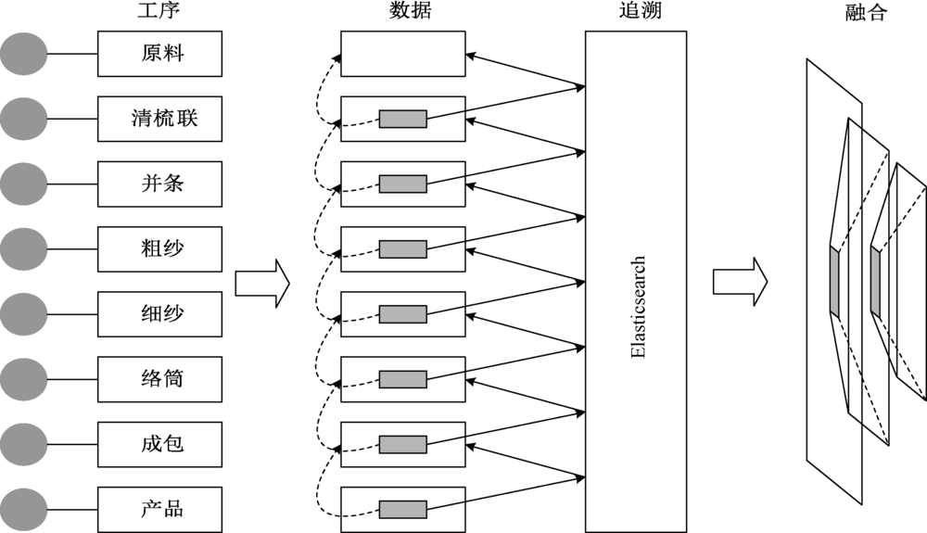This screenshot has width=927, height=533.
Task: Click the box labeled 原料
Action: click(x=160, y=54)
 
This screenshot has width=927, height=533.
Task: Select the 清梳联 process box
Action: click(x=160, y=119)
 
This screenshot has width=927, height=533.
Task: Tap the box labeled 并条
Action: click(x=160, y=184)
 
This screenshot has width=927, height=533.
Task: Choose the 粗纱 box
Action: click(x=160, y=248)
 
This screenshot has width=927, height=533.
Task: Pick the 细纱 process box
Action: click(x=160, y=313)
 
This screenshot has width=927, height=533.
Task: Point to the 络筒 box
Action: click(x=160, y=378)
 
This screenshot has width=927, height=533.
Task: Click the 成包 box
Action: click(x=160, y=443)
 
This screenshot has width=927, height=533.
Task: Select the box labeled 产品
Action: click(x=160, y=508)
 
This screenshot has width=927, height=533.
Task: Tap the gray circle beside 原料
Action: click(x=23, y=54)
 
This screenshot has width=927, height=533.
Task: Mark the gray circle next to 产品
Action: click(x=23, y=508)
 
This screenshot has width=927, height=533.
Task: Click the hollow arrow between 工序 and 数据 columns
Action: click(x=262, y=283)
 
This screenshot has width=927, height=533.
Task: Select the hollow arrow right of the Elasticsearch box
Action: click(x=740, y=280)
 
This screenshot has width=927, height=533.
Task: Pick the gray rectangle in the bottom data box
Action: click(x=402, y=509)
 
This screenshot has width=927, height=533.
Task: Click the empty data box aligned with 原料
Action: click(x=402, y=54)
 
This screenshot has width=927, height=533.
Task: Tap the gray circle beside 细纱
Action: click(x=23, y=313)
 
